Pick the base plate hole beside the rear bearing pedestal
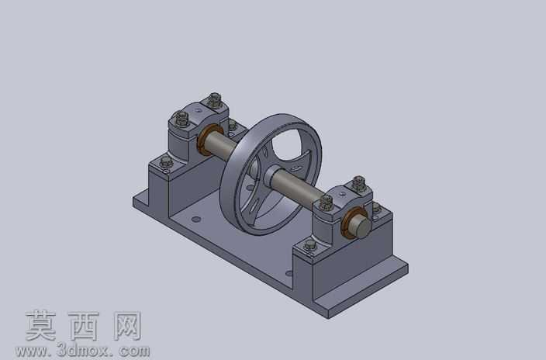(x=196, y=220)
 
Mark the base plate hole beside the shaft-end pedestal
(x=289, y=273)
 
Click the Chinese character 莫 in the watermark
(x=41, y=326)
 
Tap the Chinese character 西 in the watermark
(x=84, y=326)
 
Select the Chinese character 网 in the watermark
(x=127, y=326)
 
